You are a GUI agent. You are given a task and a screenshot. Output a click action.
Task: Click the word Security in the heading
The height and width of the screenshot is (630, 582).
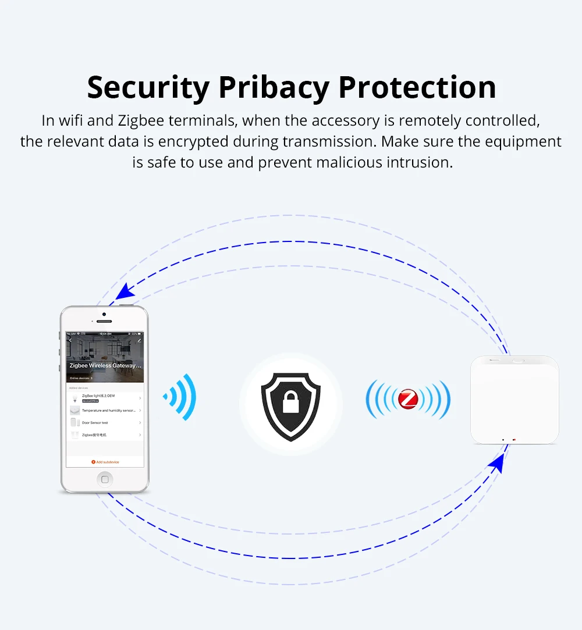(x=148, y=88)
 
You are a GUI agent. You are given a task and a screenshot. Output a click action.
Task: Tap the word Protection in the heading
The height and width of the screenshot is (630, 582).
(x=417, y=87)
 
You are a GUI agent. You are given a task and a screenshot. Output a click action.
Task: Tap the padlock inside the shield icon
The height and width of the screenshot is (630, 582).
(x=290, y=402)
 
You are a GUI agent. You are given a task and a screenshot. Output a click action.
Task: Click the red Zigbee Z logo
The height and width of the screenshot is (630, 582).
(x=408, y=399)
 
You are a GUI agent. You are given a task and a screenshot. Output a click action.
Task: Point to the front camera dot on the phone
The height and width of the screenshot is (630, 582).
(x=104, y=315)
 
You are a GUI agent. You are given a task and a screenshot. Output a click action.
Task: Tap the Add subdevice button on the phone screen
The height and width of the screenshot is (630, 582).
(x=105, y=462)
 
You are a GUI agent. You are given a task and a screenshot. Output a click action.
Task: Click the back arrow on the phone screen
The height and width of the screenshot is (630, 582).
(x=70, y=340)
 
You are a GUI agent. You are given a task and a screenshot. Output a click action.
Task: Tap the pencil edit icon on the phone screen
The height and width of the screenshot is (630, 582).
(x=139, y=340)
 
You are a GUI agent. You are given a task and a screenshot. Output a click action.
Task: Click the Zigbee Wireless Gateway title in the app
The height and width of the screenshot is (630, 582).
(x=105, y=365)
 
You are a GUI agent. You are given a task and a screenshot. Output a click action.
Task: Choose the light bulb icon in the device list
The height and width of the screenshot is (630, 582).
(x=74, y=397)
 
